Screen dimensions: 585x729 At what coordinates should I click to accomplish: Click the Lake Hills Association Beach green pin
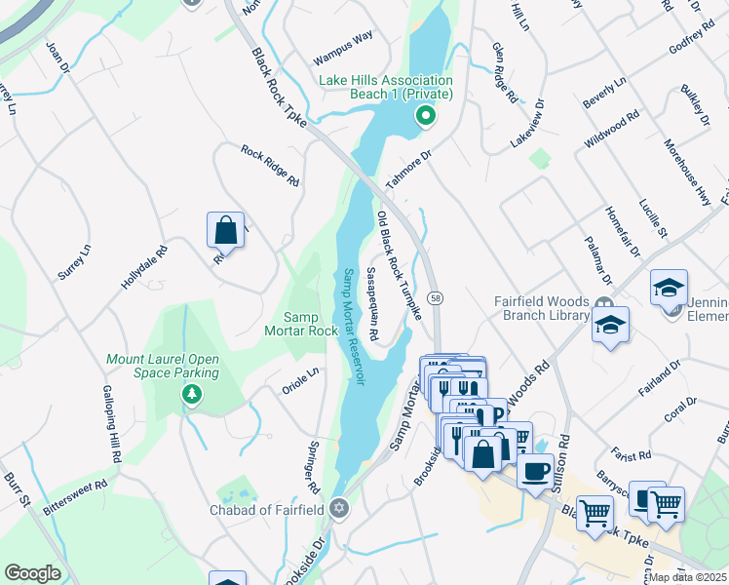click(425, 117)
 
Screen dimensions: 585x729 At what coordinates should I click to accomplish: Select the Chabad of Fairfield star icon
click(339, 508)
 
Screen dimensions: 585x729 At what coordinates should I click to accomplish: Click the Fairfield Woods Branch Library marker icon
click(604, 303)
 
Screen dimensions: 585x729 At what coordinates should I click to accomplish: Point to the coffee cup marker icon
click(535, 471)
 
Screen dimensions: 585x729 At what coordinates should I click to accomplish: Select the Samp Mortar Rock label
click(311, 324)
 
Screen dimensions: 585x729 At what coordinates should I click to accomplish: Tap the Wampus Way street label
click(342, 38)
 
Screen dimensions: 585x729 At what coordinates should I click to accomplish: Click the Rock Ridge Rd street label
click(270, 167)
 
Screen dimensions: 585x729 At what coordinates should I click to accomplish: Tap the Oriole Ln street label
click(300, 376)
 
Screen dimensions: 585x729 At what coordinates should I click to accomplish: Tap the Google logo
click(32, 573)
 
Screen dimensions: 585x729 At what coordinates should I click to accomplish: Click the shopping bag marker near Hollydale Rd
click(225, 231)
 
